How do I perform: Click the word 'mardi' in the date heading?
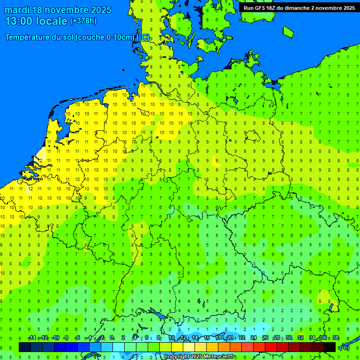click(x=17, y=10)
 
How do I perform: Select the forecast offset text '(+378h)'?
click(x=83, y=21)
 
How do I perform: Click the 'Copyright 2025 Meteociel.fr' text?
click(x=199, y=357)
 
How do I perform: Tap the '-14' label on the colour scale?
click(x=32, y=338)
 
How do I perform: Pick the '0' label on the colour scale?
click(x=112, y=338)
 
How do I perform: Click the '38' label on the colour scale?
click(x=336, y=338)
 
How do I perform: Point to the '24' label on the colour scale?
click(x=254, y=338)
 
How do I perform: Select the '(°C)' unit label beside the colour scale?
click(x=344, y=348)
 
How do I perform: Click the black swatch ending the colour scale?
click(x=330, y=347)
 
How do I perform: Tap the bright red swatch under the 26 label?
click(x=270, y=347)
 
